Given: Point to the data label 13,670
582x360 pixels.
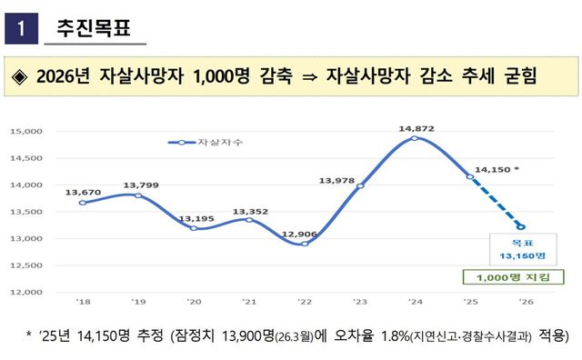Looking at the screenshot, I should (84, 192).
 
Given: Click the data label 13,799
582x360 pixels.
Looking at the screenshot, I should (137, 185).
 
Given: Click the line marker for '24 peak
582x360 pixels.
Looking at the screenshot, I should (415, 138).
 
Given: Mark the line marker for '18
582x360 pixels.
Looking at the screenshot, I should (83, 203).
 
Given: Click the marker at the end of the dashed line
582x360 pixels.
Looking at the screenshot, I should (521, 227).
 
